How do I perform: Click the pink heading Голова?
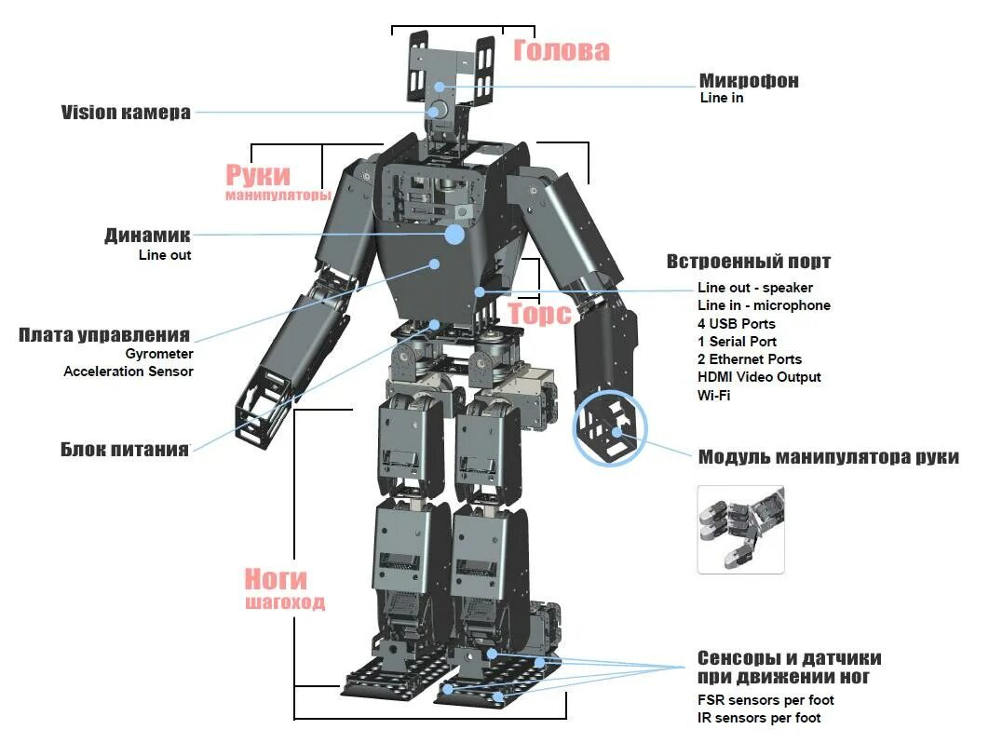561,50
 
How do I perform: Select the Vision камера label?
126,113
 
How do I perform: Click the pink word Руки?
258,174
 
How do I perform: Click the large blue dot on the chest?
454,234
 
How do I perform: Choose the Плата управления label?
104,335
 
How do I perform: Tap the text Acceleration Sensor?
129,371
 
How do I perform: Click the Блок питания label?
125,449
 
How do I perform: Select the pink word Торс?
539,314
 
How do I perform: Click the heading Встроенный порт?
748,262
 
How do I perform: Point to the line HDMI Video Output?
759,377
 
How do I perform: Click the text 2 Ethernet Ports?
749,359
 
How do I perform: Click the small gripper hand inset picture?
740,528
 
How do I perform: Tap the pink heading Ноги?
276,578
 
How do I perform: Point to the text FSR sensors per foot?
765,700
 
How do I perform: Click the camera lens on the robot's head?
436,111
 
